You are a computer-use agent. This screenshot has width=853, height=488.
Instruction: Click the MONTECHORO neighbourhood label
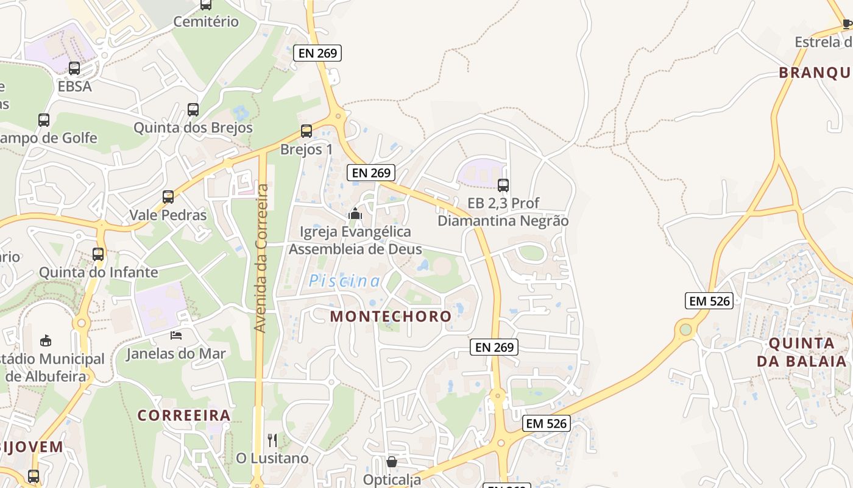coord(391,316)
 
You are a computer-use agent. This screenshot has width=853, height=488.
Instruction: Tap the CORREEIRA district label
coord(183,415)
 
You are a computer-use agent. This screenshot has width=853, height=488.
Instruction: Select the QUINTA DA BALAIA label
coord(804,352)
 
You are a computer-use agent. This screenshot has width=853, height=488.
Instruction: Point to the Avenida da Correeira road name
coord(261,259)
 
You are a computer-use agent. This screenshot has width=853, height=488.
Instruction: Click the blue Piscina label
coord(344,281)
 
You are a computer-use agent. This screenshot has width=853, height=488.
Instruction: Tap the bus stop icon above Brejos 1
coord(306,131)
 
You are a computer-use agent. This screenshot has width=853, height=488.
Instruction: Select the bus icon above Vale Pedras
coord(168,197)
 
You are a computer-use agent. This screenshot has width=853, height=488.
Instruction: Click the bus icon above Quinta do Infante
coord(98,254)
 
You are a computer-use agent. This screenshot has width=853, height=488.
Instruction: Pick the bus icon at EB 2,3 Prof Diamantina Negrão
coord(503,185)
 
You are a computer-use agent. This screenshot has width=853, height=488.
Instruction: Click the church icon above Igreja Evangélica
coord(355,213)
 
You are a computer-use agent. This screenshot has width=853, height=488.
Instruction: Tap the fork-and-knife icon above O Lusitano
coord(272,440)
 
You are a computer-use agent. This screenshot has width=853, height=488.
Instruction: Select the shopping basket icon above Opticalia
coord(392,462)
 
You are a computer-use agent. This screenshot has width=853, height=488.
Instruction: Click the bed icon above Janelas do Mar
coord(176,335)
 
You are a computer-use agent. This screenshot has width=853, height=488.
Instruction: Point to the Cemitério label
coord(206,22)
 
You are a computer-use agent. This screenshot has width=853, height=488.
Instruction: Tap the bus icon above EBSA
coord(74,68)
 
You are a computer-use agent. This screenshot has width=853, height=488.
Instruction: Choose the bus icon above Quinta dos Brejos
coord(193,110)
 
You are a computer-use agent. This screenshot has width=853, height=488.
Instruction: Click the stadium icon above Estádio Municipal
coord(46,340)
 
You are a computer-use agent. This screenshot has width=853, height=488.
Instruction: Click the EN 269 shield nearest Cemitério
coord(317,53)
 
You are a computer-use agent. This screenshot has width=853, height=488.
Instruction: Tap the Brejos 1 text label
coord(306,149)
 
